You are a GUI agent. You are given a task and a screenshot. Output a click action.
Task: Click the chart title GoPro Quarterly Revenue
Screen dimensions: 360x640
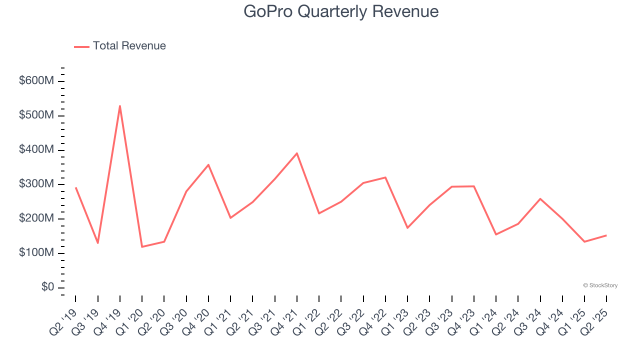(341, 11)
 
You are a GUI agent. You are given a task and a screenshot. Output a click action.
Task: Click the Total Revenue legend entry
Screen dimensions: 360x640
(120, 46)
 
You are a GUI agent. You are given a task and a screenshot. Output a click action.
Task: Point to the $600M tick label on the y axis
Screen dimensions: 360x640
(36, 81)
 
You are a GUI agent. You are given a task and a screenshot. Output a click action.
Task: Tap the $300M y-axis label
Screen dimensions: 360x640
(36, 184)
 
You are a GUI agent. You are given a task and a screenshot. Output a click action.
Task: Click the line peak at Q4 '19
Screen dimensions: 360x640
(120, 106)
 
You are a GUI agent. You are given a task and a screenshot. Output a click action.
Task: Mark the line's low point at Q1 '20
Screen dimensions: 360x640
(142, 246)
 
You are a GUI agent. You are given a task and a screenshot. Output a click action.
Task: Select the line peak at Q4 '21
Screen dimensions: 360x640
(297, 153)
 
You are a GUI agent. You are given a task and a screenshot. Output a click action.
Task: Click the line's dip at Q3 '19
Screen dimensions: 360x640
(98, 243)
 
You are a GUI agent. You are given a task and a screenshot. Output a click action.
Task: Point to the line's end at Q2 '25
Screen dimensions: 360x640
(606, 235)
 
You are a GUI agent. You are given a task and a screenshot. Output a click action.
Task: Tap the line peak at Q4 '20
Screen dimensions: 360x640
(208, 164)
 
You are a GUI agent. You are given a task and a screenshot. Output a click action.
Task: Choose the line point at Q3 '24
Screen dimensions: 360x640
(540, 199)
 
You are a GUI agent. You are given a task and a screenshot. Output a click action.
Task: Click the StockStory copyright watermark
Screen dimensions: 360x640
(600, 285)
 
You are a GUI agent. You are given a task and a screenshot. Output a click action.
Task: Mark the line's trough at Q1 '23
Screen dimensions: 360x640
(407, 228)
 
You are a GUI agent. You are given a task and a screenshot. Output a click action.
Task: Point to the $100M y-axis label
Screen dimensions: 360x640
(36, 253)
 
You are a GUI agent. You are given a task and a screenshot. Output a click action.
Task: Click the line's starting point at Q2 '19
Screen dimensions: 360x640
(76, 188)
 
